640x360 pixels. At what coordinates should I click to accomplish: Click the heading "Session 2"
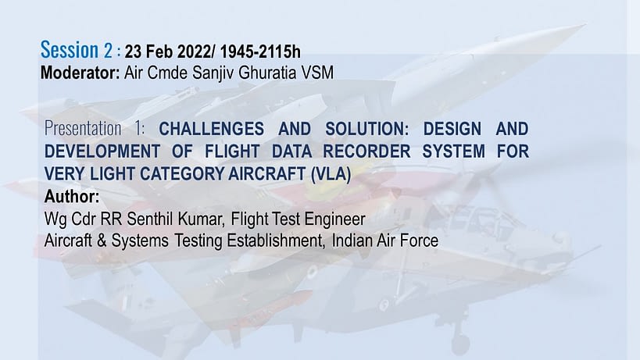tap(76, 50)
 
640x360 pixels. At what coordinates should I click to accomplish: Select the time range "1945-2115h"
tap(260, 52)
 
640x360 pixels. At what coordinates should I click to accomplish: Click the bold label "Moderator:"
tap(80, 73)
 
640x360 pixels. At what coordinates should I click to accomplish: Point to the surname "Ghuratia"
tap(267, 73)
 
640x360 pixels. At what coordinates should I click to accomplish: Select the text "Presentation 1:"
tap(95, 128)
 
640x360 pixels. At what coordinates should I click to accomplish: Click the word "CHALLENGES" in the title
tap(212, 129)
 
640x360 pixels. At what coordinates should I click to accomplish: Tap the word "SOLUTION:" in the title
tap(367, 129)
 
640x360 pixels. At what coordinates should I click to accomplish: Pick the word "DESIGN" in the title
tap(452, 129)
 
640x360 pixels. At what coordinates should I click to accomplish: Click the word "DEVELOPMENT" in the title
tap(102, 151)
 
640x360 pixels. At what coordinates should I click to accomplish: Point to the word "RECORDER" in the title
tap(366, 151)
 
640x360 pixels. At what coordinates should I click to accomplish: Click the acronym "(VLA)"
tap(331, 174)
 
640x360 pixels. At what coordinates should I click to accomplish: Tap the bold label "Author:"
tap(72, 197)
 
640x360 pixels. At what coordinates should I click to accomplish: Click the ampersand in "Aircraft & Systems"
tap(102, 241)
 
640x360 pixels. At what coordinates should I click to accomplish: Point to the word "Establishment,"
tap(276, 241)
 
